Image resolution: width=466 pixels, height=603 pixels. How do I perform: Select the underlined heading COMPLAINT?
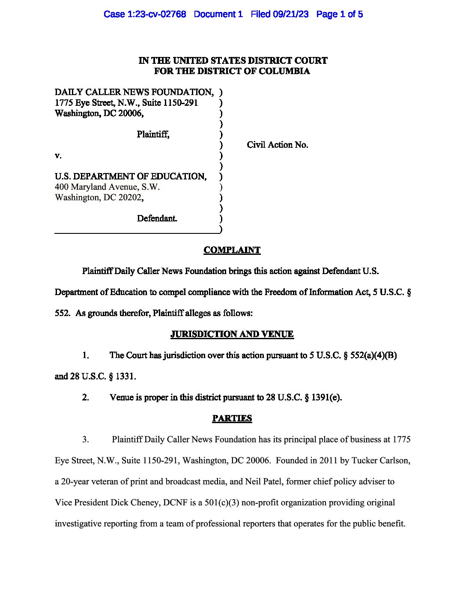(x=232, y=250)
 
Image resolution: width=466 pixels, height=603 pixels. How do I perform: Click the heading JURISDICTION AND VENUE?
(x=232, y=334)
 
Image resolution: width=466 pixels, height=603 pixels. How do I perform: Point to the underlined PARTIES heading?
(x=232, y=418)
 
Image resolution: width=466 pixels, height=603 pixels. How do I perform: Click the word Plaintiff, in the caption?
(x=153, y=134)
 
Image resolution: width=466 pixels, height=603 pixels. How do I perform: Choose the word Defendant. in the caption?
(x=157, y=218)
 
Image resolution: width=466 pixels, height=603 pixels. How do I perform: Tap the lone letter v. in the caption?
(x=58, y=156)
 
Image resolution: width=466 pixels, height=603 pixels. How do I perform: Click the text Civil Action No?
(x=277, y=145)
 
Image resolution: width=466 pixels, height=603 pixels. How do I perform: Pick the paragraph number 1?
(x=86, y=355)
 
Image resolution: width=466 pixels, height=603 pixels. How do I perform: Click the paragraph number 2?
(x=86, y=397)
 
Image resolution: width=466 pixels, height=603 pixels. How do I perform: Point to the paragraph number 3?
(x=86, y=439)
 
